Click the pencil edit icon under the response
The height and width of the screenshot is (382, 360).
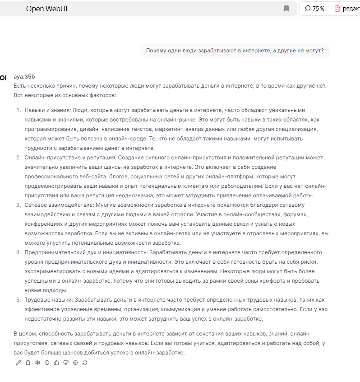tap(18, 362)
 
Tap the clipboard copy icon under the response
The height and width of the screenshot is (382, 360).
tap(28, 362)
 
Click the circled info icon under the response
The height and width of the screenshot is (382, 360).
tap(47, 362)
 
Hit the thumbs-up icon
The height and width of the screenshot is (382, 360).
tap(56, 362)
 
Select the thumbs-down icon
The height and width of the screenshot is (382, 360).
tap(66, 362)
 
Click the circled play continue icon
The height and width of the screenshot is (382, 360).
tap(75, 362)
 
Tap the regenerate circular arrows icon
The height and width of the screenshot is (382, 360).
tap(85, 362)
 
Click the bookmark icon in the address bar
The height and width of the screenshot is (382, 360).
tap(286, 9)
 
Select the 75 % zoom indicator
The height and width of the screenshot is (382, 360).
tap(315, 9)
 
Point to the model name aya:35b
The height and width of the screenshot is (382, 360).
tap(24, 77)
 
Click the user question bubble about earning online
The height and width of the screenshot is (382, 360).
tap(235, 50)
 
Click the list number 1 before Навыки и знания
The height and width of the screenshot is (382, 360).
tap(18, 110)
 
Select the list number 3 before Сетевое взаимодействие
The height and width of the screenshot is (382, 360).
tap(18, 205)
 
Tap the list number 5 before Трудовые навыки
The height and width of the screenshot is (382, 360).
tap(18, 300)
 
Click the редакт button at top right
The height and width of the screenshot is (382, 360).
tap(346, 9)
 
